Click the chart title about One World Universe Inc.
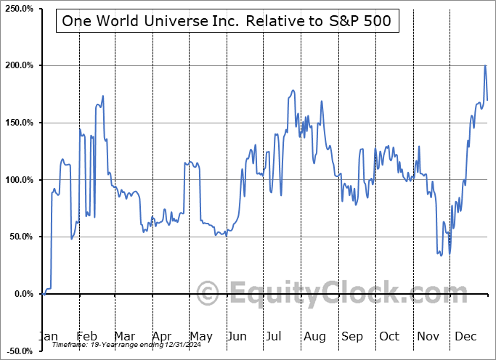coord(226,21)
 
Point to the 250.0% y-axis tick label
coord(17,9)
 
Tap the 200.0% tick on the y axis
coord(17,65)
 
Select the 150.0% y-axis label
coord(17,123)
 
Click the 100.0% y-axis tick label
coord(17,179)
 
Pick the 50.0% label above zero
coord(19,237)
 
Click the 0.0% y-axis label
coord(21,294)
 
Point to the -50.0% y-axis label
coord(17,351)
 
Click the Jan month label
coord(48,336)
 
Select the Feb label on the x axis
coord(86,336)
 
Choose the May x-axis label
coord(200,336)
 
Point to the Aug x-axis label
coord(315,336)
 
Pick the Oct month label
coord(389,336)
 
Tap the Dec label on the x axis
coord(466,336)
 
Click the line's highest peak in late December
coord(485,66)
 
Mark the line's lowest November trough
coord(450,253)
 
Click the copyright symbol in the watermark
coord(208,293)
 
